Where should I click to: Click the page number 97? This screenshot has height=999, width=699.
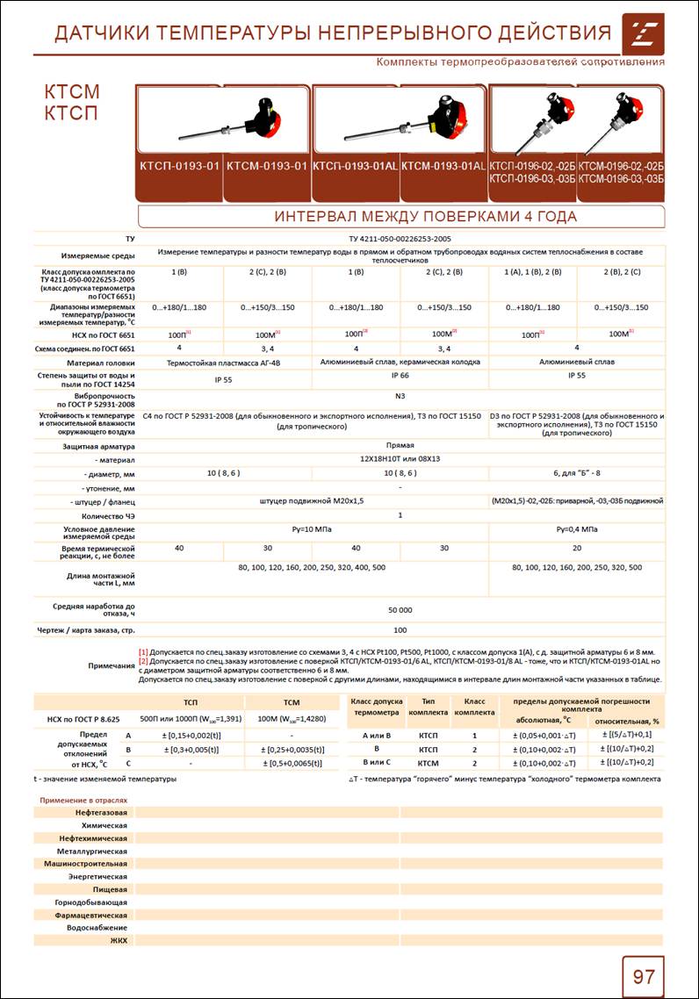(643, 976)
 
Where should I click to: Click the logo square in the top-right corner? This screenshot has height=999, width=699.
(643, 33)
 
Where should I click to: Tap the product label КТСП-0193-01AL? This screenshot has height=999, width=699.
(356, 166)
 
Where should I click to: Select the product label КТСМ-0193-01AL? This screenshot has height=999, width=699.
(443, 166)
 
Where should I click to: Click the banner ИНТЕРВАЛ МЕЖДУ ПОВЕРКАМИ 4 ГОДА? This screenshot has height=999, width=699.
(400, 217)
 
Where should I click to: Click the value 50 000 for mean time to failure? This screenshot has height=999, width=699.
(400, 608)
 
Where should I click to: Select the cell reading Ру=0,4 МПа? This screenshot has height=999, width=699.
(576, 529)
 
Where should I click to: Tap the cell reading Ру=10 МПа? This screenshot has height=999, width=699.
(312, 529)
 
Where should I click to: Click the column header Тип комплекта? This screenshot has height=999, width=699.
(428, 707)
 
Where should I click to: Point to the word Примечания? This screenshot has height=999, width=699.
(112, 666)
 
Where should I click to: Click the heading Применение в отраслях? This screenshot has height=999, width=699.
(83, 801)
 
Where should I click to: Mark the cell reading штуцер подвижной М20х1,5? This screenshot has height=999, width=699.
(312, 500)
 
